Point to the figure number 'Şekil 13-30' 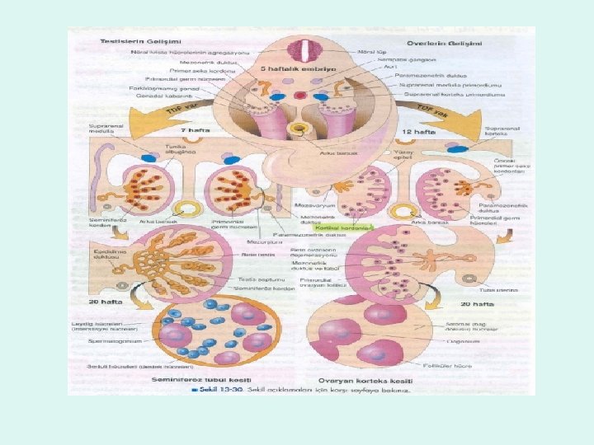[x=219, y=390]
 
